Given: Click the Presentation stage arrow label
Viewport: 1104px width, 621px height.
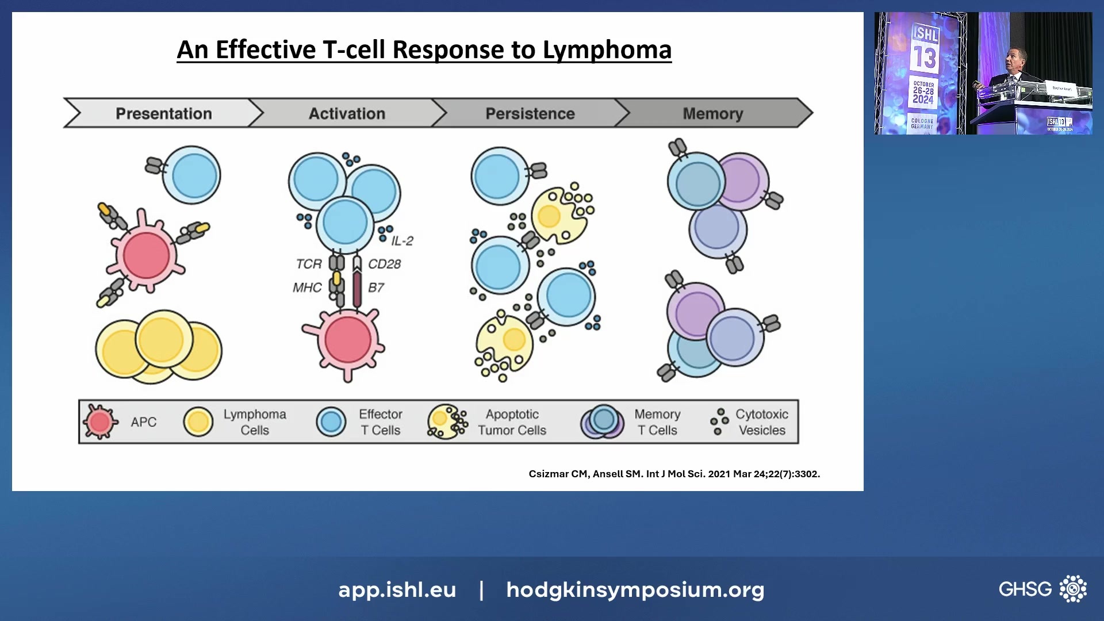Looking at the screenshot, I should (164, 113).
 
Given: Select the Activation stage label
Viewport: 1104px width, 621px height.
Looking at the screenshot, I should (347, 113).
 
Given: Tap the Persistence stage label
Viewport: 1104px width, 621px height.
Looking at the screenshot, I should (530, 113).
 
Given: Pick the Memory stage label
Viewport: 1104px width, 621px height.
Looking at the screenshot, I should (712, 113).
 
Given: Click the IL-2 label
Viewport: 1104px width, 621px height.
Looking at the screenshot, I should (402, 241).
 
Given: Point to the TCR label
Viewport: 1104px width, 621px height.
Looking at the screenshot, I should (308, 264).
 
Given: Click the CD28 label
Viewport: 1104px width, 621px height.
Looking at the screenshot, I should (384, 264).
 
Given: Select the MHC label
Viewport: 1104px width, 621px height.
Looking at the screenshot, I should (307, 287).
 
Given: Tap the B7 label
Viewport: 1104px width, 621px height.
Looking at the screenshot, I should (375, 287).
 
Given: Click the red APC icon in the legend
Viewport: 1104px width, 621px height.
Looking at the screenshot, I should (100, 421).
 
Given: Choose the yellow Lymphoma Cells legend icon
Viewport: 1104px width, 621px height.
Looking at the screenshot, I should (198, 421).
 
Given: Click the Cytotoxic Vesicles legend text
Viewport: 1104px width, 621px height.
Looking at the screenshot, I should (761, 422).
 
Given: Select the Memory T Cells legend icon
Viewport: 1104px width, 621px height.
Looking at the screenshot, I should (602, 421).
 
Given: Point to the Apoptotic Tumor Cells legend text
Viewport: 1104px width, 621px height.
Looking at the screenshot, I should (512, 422).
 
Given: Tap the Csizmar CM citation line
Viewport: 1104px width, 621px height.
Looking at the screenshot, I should (674, 474).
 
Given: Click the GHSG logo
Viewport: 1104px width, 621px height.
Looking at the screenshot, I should (1042, 589).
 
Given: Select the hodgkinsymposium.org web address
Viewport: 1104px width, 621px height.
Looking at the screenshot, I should (635, 589).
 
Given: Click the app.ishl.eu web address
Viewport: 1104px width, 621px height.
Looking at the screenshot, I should (397, 589).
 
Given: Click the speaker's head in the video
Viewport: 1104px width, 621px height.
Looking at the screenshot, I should (1014, 59).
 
